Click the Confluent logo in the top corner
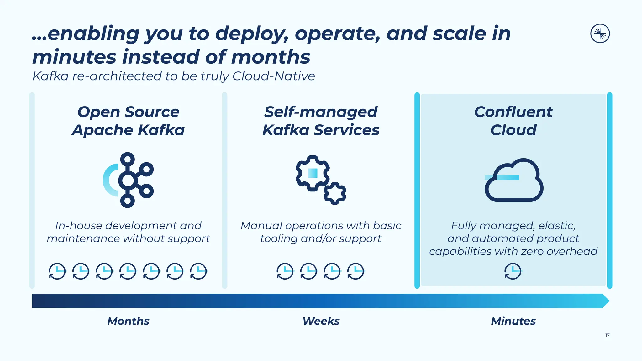[600, 34]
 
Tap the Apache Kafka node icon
[128, 180]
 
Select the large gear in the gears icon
[312, 173]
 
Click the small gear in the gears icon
[334, 193]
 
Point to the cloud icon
[514, 181]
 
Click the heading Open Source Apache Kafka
[128, 121]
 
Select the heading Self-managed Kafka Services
[321, 121]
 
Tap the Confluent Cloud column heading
[513, 121]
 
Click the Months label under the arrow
[128, 321]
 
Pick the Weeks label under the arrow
[321, 321]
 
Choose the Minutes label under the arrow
[513, 321]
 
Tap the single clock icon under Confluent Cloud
[513, 271]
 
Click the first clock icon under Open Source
[57, 271]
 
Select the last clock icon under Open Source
[198, 271]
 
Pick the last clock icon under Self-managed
[355, 271]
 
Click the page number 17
[607, 335]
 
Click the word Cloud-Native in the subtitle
[273, 76]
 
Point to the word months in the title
[271, 57]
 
